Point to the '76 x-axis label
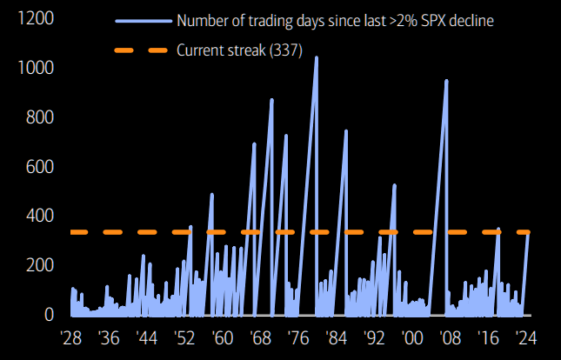point(298,337)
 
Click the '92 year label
point(374,337)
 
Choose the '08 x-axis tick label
point(450,337)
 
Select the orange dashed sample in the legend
point(140,50)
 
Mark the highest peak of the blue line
point(316,57)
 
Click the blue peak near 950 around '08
point(446,80)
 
